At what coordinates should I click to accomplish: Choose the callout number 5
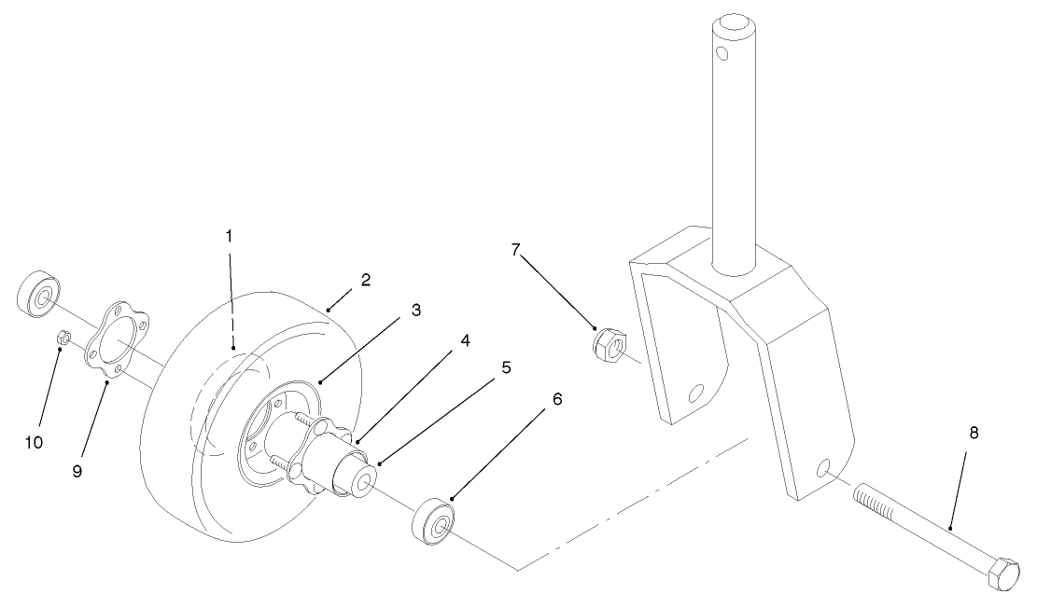pyautogui.click(x=506, y=367)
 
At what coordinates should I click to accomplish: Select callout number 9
pyautogui.click(x=77, y=472)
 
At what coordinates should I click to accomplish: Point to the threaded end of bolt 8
pyautogui.click(x=874, y=508)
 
